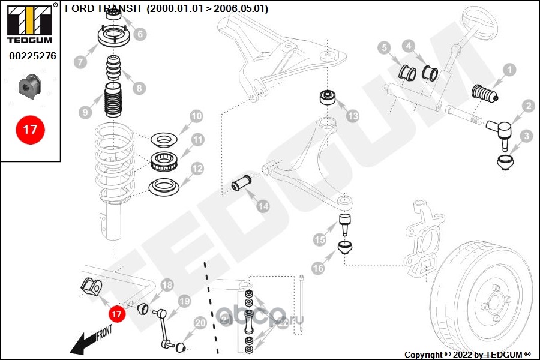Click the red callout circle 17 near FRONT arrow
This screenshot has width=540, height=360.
click(x=116, y=314)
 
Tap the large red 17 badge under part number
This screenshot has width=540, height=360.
click(x=30, y=130)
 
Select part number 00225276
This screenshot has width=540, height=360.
click(x=32, y=56)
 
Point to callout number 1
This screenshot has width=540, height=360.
click(x=508, y=70)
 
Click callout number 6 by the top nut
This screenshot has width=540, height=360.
click(x=140, y=34)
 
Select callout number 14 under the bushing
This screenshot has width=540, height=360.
click(x=263, y=206)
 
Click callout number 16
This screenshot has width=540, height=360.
click(x=317, y=269)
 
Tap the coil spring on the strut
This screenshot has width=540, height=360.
click(x=114, y=162)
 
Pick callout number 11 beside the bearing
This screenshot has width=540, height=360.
click(x=198, y=140)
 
